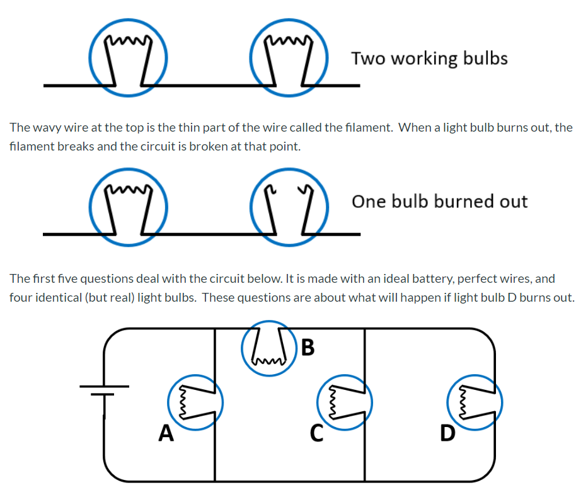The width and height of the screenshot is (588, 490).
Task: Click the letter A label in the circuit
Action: (x=166, y=433)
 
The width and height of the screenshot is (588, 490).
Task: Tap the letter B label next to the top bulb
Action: (x=308, y=347)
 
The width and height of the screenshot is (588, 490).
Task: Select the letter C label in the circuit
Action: (x=317, y=433)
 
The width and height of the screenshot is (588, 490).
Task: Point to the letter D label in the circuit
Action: (x=447, y=433)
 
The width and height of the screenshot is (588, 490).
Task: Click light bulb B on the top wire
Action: (x=267, y=349)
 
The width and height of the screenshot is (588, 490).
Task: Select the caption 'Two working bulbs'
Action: (x=429, y=59)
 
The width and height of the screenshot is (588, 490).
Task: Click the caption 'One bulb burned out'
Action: (x=439, y=202)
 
